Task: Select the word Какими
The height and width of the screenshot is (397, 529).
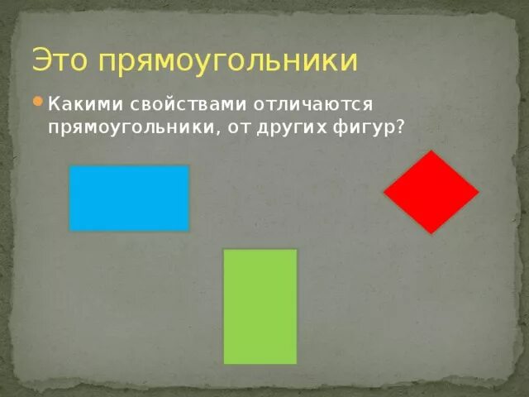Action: click(84, 105)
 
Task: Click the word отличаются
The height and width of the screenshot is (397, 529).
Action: click(318, 105)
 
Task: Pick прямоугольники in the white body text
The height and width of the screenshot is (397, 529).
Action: click(131, 128)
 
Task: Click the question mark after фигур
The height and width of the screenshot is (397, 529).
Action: click(401, 127)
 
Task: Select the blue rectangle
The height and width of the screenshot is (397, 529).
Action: click(129, 198)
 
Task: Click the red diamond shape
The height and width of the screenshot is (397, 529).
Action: click(431, 192)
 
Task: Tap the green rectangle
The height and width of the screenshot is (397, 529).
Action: click(260, 306)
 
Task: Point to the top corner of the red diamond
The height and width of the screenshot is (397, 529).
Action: click(430, 152)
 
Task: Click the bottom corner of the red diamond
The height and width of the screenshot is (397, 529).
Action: click(431, 232)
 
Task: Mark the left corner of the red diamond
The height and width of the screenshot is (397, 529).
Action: click(385, 193)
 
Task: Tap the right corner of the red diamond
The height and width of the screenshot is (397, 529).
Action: click(478, 193)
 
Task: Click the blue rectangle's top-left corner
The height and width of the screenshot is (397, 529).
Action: click(71, 167)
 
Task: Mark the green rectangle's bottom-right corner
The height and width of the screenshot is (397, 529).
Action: click(295, 362)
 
